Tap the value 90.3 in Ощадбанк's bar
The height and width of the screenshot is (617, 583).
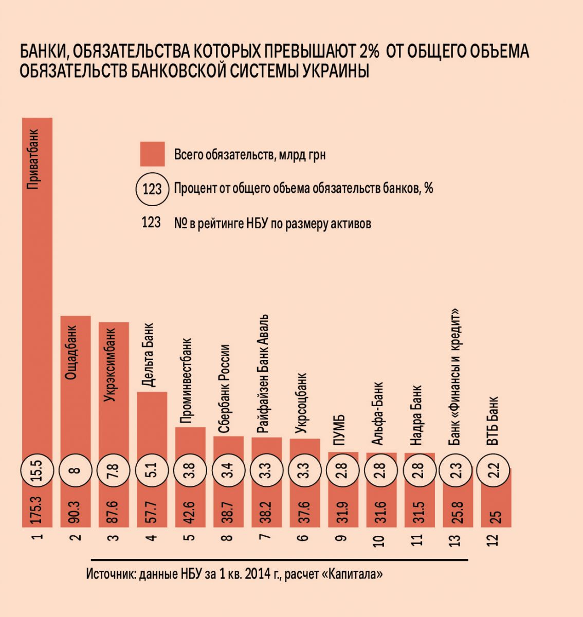[76, 511]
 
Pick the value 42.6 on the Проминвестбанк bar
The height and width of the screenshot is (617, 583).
[190, 511]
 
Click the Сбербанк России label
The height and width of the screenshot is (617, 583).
[224, 390]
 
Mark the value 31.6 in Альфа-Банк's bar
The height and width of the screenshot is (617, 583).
[380, 511]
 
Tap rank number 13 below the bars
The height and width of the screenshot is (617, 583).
[457, 539]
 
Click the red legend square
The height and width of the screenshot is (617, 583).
[152, 154]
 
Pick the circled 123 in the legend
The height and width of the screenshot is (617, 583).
[152, 189]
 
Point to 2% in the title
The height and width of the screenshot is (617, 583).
[366, 51]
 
